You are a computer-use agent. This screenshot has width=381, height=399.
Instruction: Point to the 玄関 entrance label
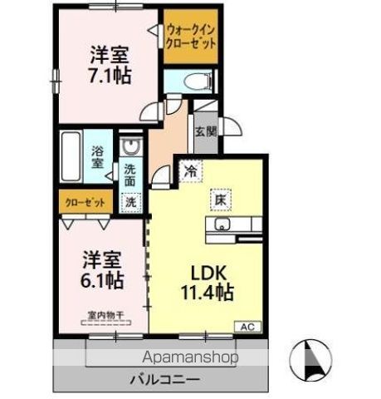coord(205,131)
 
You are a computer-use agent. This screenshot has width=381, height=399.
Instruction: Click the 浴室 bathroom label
coord(97,158)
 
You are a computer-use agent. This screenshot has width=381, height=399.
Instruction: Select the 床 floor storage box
coord(222,199)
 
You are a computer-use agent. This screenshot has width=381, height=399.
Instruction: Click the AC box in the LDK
coord(248,327)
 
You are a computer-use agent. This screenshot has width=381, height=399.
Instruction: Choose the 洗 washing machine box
coord(131,200)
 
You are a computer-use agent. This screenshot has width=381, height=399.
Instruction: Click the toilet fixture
coord(193,81)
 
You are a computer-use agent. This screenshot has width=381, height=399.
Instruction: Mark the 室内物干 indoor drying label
coord(105,316)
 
